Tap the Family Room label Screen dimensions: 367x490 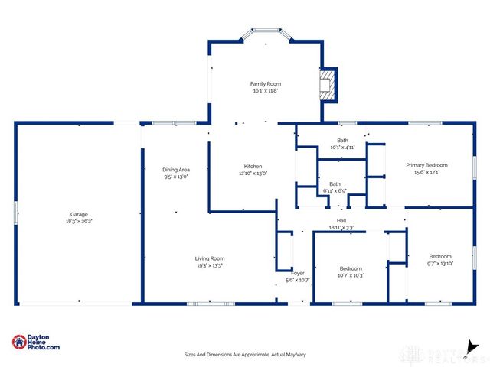(266, 83)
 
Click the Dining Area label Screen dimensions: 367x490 (175, 170)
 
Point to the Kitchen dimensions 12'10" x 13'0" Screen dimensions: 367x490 (253, 174)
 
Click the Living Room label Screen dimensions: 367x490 (209, 258)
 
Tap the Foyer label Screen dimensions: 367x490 (298, 273)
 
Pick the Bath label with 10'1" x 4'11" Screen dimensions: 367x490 (342, 140)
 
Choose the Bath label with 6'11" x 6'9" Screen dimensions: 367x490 (335, 183)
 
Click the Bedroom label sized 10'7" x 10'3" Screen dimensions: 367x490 (351, 268)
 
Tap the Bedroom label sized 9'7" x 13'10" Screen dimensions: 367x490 (440, 256)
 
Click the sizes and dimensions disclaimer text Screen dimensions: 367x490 (244, 354)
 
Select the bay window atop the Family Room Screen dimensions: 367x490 (265, 34)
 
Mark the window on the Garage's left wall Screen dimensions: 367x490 (15, 212)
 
